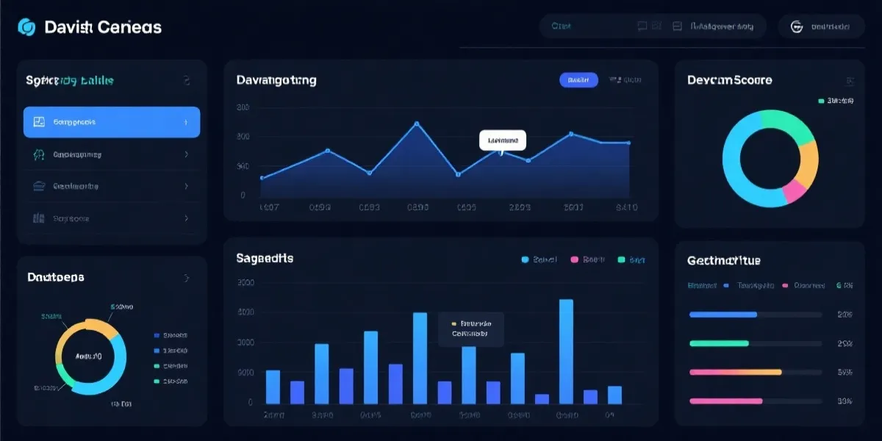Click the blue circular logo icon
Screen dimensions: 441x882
pyautogui.click(x=26, y=27)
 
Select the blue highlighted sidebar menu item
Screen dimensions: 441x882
pyautogui.click(x=112, y=122)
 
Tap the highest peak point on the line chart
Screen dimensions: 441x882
pyautogui.click(x=417, y=123)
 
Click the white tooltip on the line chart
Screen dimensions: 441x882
pyautogui.click(x=503, y=139)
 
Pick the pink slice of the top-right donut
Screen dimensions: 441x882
pyautogui.click(x=795, y=191)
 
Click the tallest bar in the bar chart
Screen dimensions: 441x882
pyautogui.click(x=566, y=351)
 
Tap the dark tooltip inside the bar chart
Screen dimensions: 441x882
pyautogui.click(x=471, y=329)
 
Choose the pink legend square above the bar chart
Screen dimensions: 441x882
pyautogui.click(x=574, y=259)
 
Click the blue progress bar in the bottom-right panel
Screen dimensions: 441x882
pyautogui.click(x=723, y=315)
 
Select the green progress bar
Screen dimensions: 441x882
pyautogui.click(x=719, y=343)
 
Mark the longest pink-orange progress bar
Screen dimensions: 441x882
pyautogui.click(x=735, y=372)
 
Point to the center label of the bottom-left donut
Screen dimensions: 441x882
pyautogui.click(x=89, y=356)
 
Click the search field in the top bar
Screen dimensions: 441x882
pyautogui.click(x=588, y=26)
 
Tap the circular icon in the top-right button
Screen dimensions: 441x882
pyautogui.click(x=796, y=26)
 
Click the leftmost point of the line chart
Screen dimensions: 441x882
pyautogui.click(x=263, y=178)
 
